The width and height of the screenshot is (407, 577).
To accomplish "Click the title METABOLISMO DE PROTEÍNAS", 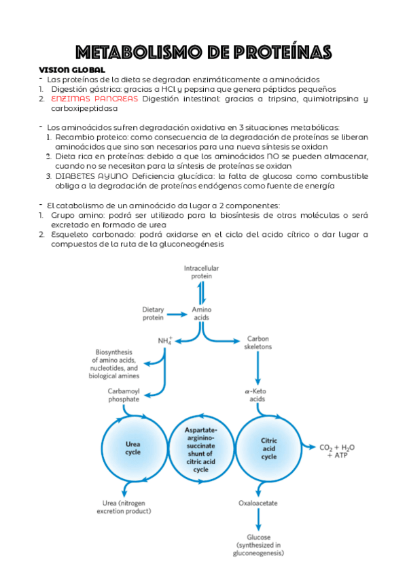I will coord(203,52).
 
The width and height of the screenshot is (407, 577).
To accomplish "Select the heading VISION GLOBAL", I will coord(72,70).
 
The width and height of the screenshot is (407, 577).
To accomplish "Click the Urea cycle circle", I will coord(134,448).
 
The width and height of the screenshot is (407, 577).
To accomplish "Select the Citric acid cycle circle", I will coord(269,448).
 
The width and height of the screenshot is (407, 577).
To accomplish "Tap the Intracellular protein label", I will coord(202,273).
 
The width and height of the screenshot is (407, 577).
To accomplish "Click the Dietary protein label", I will coord(153,313).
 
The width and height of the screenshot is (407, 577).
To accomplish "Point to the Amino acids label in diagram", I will coord(202,313).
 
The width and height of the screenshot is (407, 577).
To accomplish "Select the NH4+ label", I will coord(164,340).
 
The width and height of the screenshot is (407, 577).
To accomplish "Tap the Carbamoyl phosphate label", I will coord(124,395).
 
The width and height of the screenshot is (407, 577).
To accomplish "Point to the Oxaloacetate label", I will coord(259,504).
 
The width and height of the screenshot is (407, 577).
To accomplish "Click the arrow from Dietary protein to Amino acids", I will coord(177,314).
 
